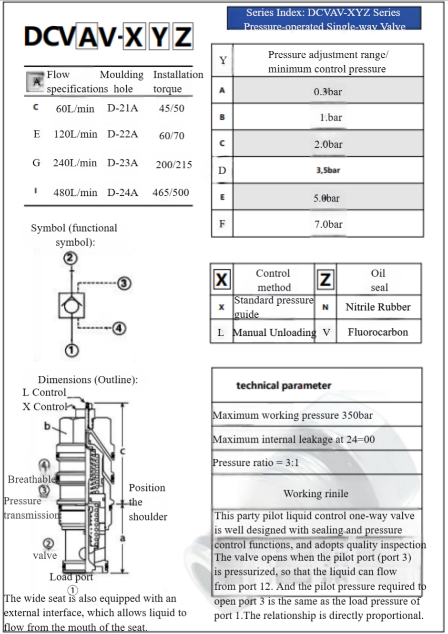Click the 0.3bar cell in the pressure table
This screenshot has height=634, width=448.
[x=327, y=91]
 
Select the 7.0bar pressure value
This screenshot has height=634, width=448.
[x=328, y=224]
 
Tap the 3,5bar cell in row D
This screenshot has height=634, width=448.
[x=328, y=170]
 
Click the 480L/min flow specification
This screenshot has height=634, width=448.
[x=75, y=192]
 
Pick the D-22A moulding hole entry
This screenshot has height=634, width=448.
[x=122, y=134]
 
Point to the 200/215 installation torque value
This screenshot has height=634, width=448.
[x=173, y=165]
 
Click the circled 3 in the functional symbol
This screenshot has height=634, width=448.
[x=124, y=283]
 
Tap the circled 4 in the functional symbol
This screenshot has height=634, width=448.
[x=120, y=328]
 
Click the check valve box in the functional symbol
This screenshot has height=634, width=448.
[x=71, y=305]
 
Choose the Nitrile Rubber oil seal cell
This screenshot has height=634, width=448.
[x=378, y=307]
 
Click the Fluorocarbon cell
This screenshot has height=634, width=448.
[x=378, y=332]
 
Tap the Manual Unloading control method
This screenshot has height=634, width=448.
[x=274, y=332]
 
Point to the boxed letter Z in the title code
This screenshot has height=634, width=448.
[x=183, y=37]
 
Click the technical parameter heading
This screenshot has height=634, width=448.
[x=284, y=385]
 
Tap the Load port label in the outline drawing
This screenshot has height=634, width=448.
[x=71, y=577]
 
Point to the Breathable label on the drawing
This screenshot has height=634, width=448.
[x=31, y=479]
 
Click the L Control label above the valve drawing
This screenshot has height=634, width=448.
[x=44, y=392]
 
